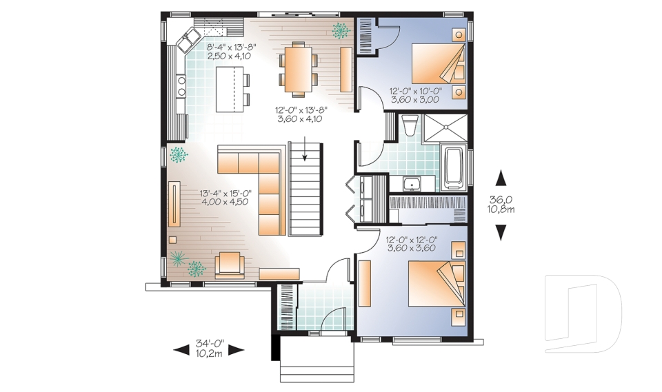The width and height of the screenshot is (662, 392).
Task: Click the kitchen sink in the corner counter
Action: [190, 39]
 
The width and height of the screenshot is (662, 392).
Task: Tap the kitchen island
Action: [230, 89]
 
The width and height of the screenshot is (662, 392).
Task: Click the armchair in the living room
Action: [230, 265]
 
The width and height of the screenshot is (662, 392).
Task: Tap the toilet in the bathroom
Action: [408, 125]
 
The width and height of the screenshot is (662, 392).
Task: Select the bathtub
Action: [454, 169]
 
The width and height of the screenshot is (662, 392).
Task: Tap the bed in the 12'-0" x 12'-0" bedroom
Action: [437, 284]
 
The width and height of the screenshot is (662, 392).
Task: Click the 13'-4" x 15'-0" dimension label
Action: [226, 198]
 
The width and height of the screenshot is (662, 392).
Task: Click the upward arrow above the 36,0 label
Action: [501, 178]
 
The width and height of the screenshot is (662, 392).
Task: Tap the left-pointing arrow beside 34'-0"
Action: [181, 349]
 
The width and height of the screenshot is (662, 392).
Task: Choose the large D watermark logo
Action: [583, 313]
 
